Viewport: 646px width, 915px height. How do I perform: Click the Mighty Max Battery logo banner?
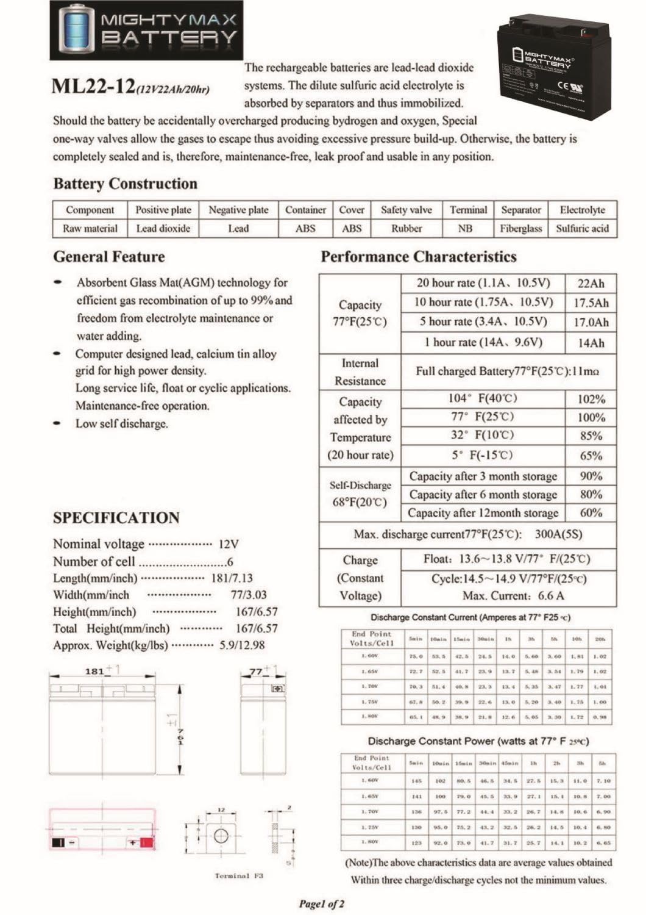[x=146, y=30]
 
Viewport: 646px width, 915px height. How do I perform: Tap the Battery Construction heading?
[x=126, y=184]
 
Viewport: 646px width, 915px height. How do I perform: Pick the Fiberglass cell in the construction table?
[x=520, y=229]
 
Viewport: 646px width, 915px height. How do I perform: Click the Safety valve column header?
[x=406, y=210]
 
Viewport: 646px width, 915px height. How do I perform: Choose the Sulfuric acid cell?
[x=582, y=229]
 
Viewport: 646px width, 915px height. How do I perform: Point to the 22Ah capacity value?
[x=591, y=283]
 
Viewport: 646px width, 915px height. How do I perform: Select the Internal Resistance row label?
[x=360, y=372]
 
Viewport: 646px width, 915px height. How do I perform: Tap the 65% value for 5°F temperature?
[x=591, y=456]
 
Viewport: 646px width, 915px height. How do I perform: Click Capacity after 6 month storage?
[x=483, y=495]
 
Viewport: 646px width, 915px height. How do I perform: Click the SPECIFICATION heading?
[x=116, y=518]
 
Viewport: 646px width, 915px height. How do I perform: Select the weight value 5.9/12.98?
[x=242, y=645]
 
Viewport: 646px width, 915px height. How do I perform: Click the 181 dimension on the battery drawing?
[x=94, y=671]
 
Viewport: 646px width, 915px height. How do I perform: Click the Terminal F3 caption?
[x=239, y=875]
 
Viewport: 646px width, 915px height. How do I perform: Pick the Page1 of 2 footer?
[x=322, y=903]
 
